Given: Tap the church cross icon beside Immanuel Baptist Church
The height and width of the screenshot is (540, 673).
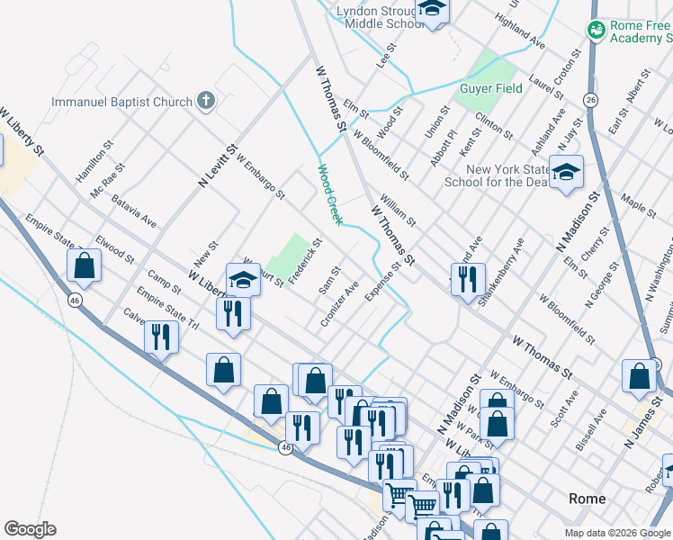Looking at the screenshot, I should [x=206, y=99].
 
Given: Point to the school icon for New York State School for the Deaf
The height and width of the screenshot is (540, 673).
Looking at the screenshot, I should [x=566, y=172].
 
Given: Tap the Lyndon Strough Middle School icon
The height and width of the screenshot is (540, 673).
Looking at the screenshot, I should [x=432, y=9].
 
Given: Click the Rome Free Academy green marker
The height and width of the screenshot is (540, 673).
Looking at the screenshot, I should [x=596, y=31].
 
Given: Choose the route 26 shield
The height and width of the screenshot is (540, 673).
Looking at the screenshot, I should [x=591, y=99].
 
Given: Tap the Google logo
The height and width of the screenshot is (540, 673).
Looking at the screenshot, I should [x=30, y=529].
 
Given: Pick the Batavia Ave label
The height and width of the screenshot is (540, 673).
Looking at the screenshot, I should [x=135, y=209].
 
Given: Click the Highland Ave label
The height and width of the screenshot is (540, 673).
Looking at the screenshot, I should [x=526, y=37].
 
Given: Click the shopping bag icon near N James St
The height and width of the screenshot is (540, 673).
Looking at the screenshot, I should [x=639, y=377].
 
